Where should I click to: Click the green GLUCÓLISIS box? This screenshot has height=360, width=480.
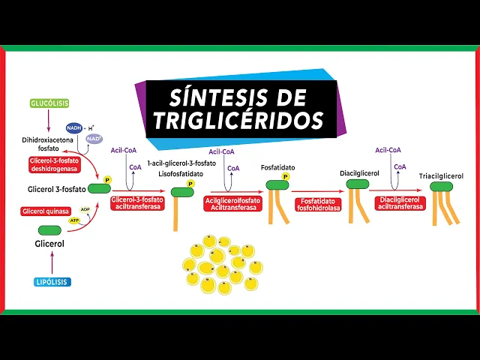(x=49, y=103)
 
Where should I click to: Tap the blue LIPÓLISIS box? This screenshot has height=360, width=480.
(x=52, y=282)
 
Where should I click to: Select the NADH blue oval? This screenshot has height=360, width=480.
(x=74, y=127)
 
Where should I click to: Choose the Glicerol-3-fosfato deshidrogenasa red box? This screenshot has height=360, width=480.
(x=56, y=165)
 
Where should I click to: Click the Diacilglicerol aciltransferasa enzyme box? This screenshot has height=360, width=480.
(x=400, y=203)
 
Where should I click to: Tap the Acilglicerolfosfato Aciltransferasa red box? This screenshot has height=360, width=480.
(x=232, y=203)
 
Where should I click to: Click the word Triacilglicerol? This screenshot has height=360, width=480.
(x=441, y=176)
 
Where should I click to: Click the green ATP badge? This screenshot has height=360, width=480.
(x=74, y=220)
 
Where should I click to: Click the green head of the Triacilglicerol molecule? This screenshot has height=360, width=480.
(x=440, y=186)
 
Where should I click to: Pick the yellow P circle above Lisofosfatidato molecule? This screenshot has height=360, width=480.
(x=190, y=183)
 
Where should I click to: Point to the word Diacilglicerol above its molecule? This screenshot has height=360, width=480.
(x=359, y=173)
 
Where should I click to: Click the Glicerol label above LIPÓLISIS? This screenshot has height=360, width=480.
(x=49, y=244)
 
